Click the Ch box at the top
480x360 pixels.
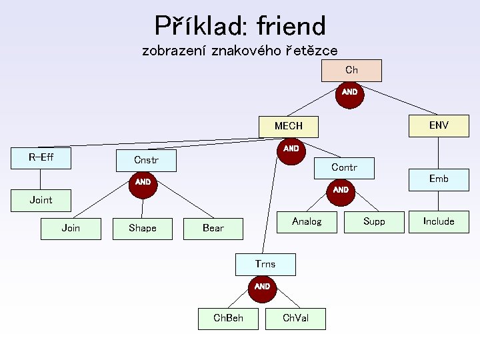click(351, 70)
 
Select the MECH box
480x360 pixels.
click(289, 125)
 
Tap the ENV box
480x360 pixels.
click(439, 125)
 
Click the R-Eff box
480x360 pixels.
click(41, 158)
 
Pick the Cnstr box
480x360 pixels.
click(146, 160)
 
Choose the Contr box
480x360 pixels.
click(344, 167)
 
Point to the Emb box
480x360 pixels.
click(439, 179)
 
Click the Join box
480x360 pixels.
click(71, 228)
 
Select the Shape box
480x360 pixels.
click(143, 228)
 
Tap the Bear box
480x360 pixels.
click(213, 228)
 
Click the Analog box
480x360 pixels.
click(307, 221)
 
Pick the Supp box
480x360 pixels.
click(374, 221)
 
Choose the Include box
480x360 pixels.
click(439, 221)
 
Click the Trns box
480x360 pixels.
click(265, 264)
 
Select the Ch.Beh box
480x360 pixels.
click(228, 318)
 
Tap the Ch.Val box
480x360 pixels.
click(295, 318)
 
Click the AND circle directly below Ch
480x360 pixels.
click(349, 92)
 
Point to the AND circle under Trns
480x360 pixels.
click(262, 287)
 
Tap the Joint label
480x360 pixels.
click(41, 200)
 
